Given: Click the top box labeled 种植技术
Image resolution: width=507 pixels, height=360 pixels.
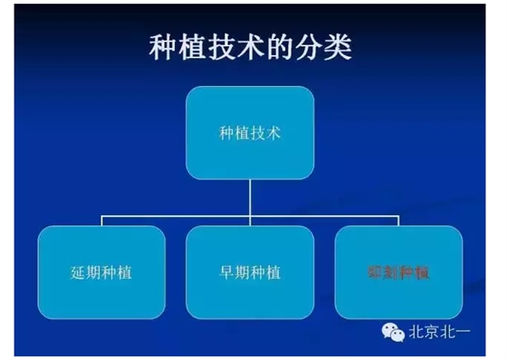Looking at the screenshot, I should (x=251, y=133).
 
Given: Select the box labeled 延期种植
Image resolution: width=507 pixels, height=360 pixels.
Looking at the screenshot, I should (x=101, y=270).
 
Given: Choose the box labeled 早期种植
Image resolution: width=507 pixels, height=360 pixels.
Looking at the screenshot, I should (x=250, y=270).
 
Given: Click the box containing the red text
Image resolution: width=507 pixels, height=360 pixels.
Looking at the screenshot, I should (x=398, y=270).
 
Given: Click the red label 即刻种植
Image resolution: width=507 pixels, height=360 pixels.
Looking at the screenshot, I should (x=397, y=271).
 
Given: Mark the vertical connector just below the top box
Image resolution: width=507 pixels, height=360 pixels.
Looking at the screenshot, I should (x=251, y=196).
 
